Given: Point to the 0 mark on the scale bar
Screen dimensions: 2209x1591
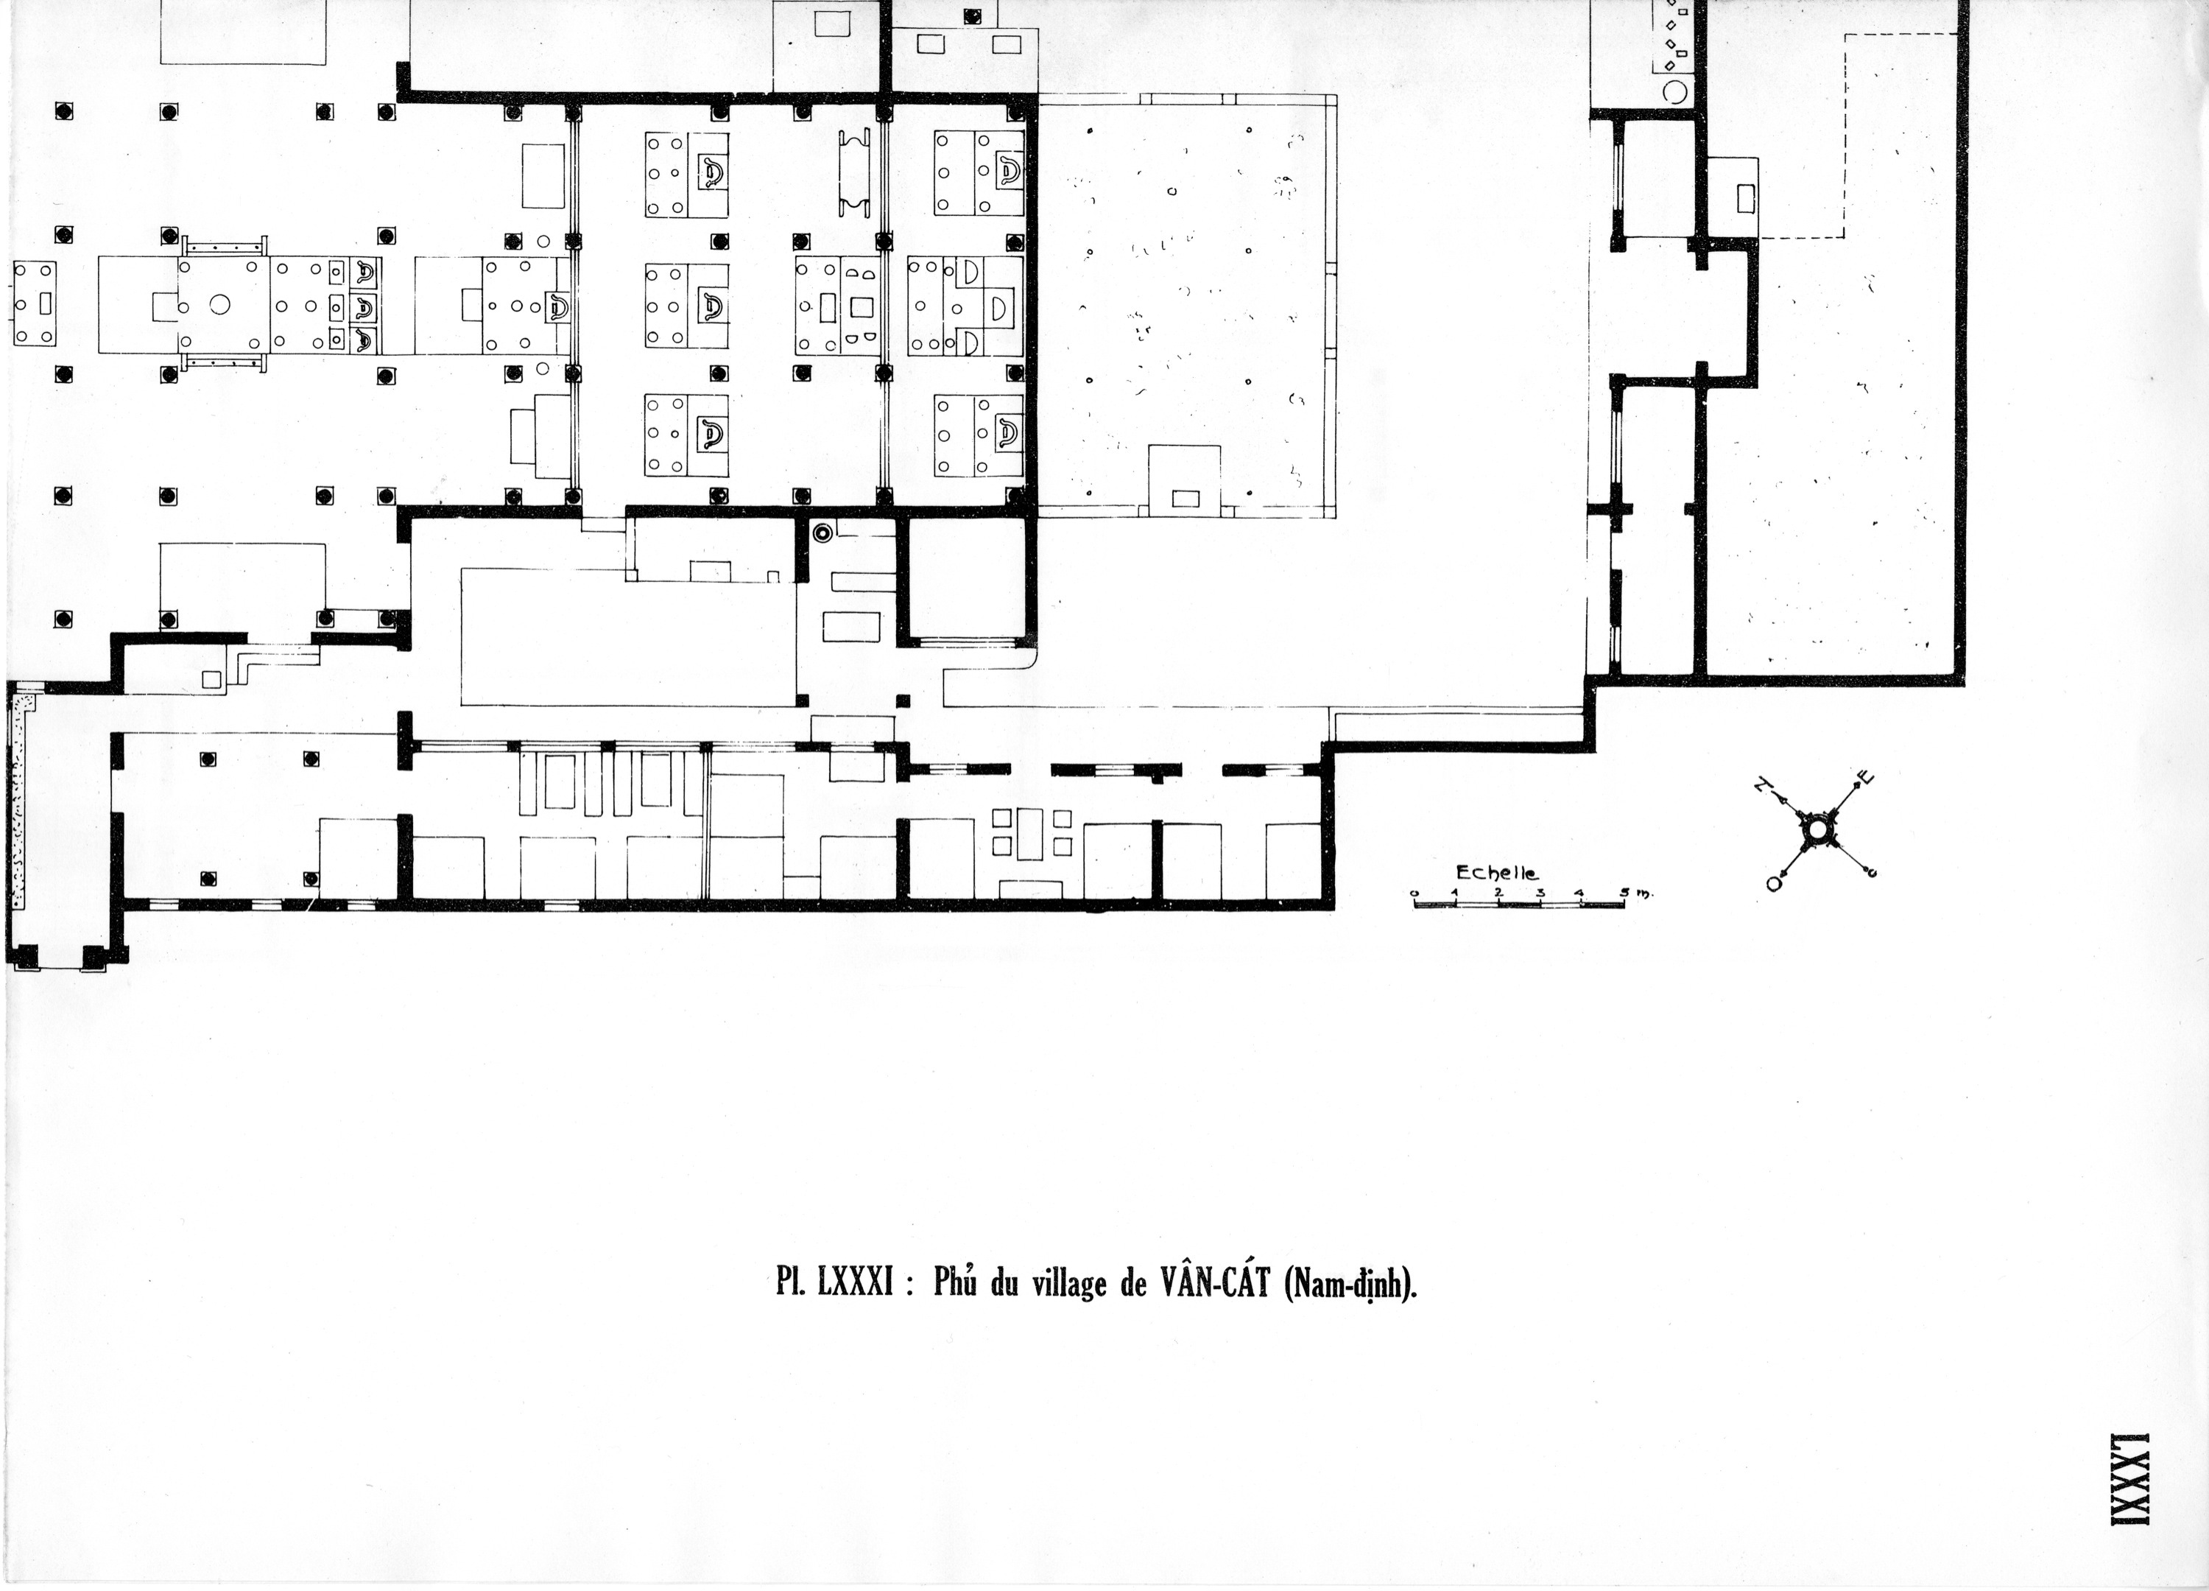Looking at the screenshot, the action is tap(1414, 893).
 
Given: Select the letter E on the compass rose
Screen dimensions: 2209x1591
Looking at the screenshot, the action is tap(1864, 778).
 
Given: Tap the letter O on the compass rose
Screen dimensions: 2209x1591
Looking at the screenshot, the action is tap(1772, 882).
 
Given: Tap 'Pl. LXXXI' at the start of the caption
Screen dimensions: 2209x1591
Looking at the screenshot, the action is tap(835, 1285).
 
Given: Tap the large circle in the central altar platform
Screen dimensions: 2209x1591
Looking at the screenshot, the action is tap(219, 305).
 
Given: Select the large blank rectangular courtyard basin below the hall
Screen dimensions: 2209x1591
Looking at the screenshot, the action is tap(628, 636).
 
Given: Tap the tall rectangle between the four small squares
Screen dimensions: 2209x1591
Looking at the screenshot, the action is tap(1030, 833).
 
